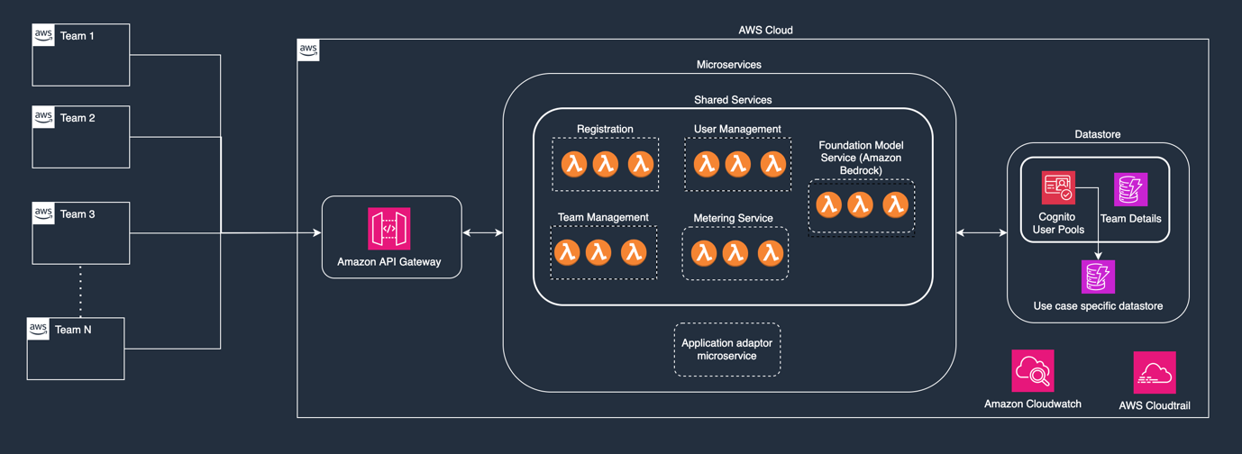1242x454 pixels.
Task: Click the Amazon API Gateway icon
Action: tap(389, 228)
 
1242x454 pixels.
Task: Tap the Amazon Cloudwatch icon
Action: tap(1033, 371)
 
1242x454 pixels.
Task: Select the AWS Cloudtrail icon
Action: tap(1155, 373)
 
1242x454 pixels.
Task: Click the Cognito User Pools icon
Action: tap(1058, 188)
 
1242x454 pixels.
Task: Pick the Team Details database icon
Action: tap(1130, 190)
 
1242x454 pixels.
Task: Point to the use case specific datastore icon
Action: tap(1098, 277)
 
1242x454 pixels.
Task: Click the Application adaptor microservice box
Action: tap(727, 350)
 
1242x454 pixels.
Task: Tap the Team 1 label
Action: tap(78, 36)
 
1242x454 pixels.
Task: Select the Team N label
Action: tap(73, 330)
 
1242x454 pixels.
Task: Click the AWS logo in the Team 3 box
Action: tap(43, 213)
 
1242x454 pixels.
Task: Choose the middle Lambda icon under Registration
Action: tap(606, 164)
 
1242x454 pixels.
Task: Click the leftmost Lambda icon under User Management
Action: tap(706, 164)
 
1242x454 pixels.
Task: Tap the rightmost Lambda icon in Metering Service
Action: tap(770, 253)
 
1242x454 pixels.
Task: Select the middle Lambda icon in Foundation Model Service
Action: tap(862, 204)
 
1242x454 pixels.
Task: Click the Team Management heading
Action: tap(603, 217)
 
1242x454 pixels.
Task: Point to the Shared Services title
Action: tap(732, 100)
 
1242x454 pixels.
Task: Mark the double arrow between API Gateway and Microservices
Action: tap(482, 233)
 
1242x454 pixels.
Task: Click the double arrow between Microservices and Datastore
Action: tap(982, 233)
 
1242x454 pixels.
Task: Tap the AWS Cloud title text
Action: tap(765, 30)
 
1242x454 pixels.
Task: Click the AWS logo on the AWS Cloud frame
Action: tap(308, 50)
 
